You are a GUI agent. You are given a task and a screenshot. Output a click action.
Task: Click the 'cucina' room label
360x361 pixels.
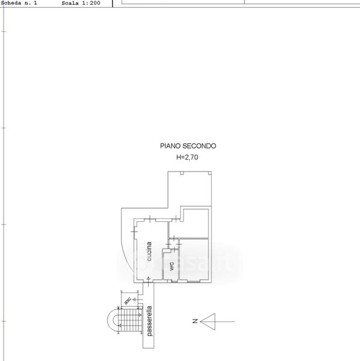click(x=149, y=251)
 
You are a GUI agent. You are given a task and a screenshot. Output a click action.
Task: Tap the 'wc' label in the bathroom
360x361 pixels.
click(x=172, y=267)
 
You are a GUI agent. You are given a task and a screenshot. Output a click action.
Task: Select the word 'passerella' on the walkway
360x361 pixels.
click(x=149, y=321)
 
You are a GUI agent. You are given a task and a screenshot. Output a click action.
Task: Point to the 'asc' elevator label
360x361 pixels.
click(x=128, y=300)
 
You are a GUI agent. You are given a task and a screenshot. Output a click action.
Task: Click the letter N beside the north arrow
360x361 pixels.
click(x=195, y=321)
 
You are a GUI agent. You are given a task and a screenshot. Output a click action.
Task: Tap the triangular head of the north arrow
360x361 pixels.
click(x=208, y=321)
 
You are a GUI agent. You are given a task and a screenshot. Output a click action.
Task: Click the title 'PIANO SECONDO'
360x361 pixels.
click(x=188, y=146)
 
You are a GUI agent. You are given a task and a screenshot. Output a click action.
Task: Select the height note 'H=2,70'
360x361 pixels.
click(x=187, y=157)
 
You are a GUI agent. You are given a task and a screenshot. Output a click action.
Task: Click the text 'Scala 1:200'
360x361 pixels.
click(x=81, y=3)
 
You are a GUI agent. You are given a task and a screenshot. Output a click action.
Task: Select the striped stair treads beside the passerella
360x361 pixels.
click(x=130, y=320)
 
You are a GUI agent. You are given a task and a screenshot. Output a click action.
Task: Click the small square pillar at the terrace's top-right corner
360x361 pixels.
click(x=210, y=173)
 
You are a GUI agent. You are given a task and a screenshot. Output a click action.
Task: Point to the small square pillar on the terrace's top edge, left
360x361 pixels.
click(x=182, y=173)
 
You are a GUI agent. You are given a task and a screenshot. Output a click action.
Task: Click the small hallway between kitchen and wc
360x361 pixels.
click(x=173, y=244)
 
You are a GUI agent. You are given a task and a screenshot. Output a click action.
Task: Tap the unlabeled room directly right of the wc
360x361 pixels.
click(x=194, y=259)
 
